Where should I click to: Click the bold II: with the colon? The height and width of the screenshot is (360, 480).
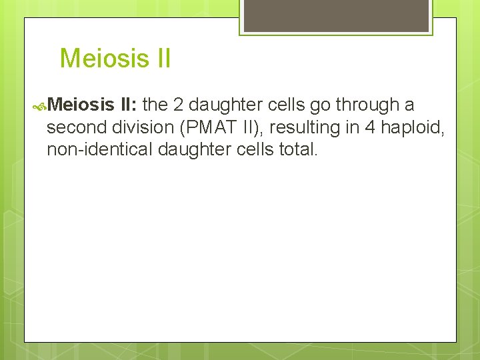pyautogui.click(x=130, y=105)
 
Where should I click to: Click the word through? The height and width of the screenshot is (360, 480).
pyautogui.click(x=367, y=105)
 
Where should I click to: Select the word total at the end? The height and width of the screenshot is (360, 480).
pyautogui.click(x=299, y=150)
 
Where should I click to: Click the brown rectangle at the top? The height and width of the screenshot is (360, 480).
pyautogui.click(x=336, y=15)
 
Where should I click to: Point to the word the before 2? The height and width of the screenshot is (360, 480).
pyautogui.click(x=155, y=105)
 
